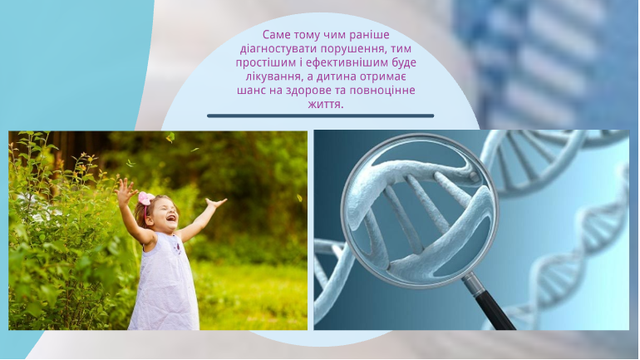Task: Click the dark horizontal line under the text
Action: pos(320,116)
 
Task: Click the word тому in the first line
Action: pos(309,34)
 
